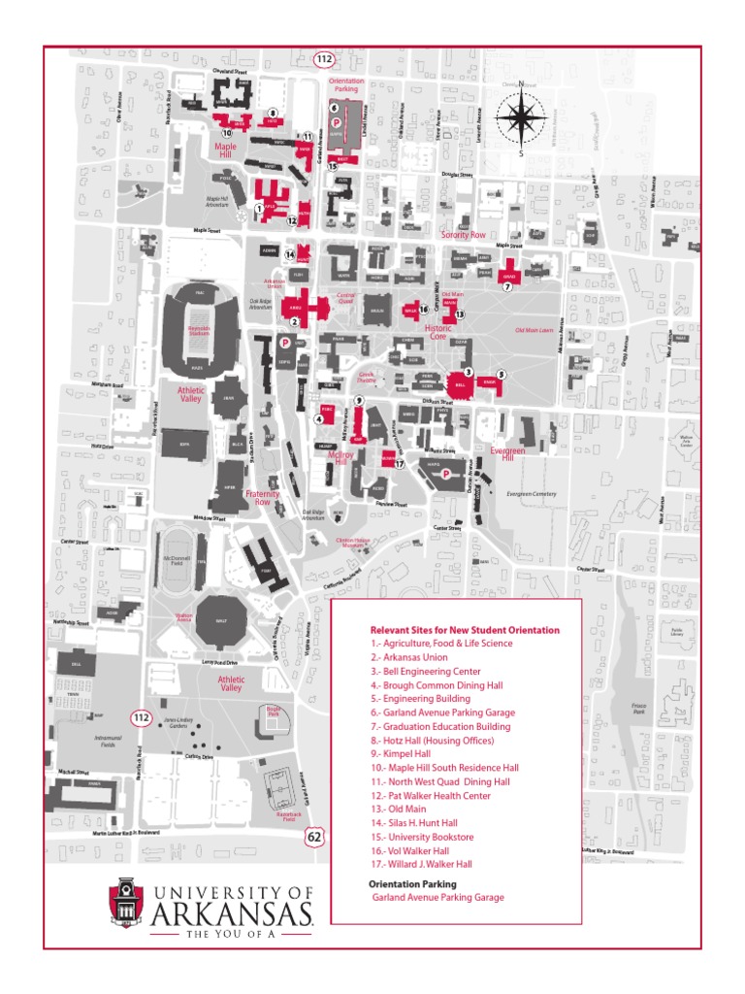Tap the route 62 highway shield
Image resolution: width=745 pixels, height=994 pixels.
(x=314, y=836)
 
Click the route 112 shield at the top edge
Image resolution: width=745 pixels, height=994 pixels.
(x=324, y=60)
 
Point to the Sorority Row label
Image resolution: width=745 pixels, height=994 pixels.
(x=463, y=235)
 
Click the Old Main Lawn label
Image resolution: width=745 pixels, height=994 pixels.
(x=534, y=330)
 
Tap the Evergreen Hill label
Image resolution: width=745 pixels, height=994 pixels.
(x=507, y=452)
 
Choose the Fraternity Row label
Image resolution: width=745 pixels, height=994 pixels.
(x=262, y=498)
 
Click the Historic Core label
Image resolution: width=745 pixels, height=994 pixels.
(x=437, y=332)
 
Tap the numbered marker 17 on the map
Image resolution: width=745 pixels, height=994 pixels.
(x=399, y=464)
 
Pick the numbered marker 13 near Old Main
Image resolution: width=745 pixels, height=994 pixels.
(x=460, y=315)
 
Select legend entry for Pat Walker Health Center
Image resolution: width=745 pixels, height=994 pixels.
(x=430, y=795)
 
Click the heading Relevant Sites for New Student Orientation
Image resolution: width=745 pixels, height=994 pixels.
(x=465, y=630)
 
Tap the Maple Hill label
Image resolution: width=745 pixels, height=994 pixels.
(x=225, y=149)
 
